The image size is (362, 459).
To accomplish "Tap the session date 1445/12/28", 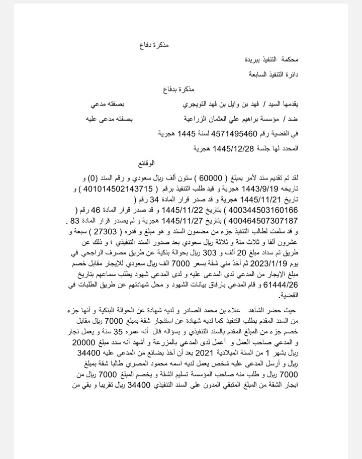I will click(x=232, y=149).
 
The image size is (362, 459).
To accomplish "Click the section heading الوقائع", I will click(x=146, y=164).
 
